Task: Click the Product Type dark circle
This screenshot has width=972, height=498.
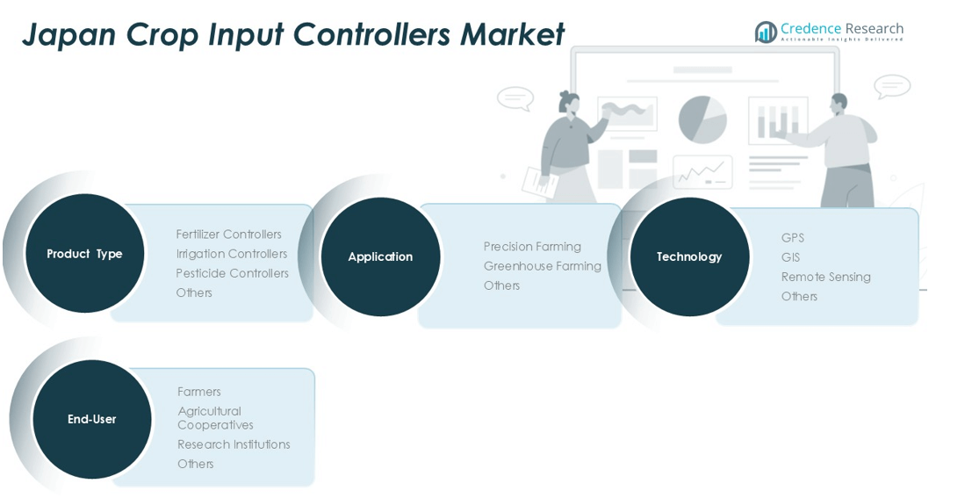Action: point(84,254)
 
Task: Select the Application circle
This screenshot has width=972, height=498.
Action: point(380,256)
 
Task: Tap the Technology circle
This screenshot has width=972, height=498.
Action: point(689,256)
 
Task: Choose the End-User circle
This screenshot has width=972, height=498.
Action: point(92,419)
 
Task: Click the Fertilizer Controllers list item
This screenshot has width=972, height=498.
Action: point(228,235)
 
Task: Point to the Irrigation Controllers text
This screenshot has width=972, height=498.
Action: point(231,254)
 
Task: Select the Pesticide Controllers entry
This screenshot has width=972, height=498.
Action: point(232,273)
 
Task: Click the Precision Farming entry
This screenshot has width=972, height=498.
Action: point(532,247)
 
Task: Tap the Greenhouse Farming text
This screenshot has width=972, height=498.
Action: point(542,266)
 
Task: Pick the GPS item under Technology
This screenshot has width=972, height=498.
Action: point(792,238)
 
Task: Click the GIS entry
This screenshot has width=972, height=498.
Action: point(790,257)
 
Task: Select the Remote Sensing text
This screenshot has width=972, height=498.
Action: point(825,277)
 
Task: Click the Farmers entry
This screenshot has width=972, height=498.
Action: point(198,392)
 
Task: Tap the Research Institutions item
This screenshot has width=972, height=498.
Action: point(234,444)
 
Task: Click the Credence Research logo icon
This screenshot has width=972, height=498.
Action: point(766,32)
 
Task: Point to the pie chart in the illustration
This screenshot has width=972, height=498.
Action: point(702,119)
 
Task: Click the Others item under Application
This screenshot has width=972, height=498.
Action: point(501,285)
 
